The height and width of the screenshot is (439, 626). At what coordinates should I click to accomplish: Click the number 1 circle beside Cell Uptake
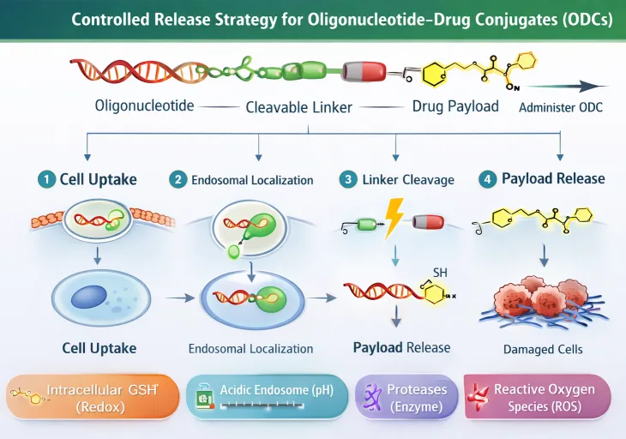point(45,179)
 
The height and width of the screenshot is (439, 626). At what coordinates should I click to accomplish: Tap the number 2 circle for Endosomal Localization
point(178,180)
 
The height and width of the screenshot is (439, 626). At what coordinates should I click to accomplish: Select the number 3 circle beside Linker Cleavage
point(348,179)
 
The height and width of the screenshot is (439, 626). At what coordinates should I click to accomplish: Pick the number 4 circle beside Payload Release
point(488,179)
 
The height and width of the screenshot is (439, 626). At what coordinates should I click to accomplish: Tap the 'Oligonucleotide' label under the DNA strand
point(144,106)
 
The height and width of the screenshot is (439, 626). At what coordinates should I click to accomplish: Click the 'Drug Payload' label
point(454,106)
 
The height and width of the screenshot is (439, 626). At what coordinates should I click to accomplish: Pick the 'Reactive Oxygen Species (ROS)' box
point(538,397)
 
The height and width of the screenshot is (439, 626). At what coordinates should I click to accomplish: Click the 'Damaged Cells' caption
point(542,349)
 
